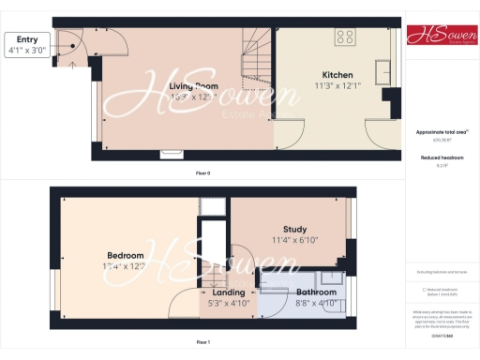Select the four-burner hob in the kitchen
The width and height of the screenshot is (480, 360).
click(344, 38)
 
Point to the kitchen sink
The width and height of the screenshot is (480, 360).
click(383, 72)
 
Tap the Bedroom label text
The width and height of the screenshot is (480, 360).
click(125, 255)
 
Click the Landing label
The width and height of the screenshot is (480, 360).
click(228, 293)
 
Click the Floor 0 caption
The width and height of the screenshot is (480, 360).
click(202, 173)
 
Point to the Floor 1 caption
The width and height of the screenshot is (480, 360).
click(202, 343)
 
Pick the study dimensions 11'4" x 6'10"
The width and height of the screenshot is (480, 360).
click(294, 240)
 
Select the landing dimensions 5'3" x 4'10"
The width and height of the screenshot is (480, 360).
click(228, 304)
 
